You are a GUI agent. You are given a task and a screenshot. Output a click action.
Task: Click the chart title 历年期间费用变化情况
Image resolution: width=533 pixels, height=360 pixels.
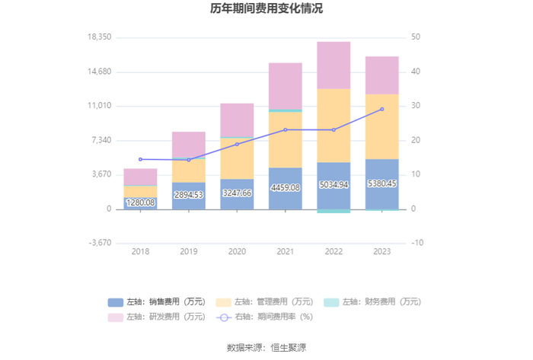(266, 9)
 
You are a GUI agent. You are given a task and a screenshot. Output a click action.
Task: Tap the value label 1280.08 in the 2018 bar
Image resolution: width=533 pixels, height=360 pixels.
(140, 202)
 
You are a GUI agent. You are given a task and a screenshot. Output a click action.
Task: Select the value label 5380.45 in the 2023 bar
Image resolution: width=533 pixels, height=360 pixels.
(381, 183)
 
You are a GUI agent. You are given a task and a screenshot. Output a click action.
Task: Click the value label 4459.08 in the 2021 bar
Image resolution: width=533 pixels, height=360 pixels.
(285, 187)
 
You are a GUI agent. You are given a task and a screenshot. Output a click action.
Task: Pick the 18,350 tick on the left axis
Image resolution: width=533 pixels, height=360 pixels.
(101, 37)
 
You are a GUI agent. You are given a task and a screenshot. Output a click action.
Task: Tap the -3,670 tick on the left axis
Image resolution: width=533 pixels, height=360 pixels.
(101, 244)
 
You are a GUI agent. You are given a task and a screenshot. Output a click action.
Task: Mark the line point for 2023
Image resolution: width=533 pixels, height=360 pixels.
(381, 110)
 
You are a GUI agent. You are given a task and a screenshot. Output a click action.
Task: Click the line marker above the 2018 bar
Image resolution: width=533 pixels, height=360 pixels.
(140, 159)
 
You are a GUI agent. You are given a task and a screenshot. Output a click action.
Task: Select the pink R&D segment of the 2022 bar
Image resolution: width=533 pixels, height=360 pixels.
(334, 65)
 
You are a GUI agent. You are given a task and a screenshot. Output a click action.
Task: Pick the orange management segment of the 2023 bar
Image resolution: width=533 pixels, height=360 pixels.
(381, 126)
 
